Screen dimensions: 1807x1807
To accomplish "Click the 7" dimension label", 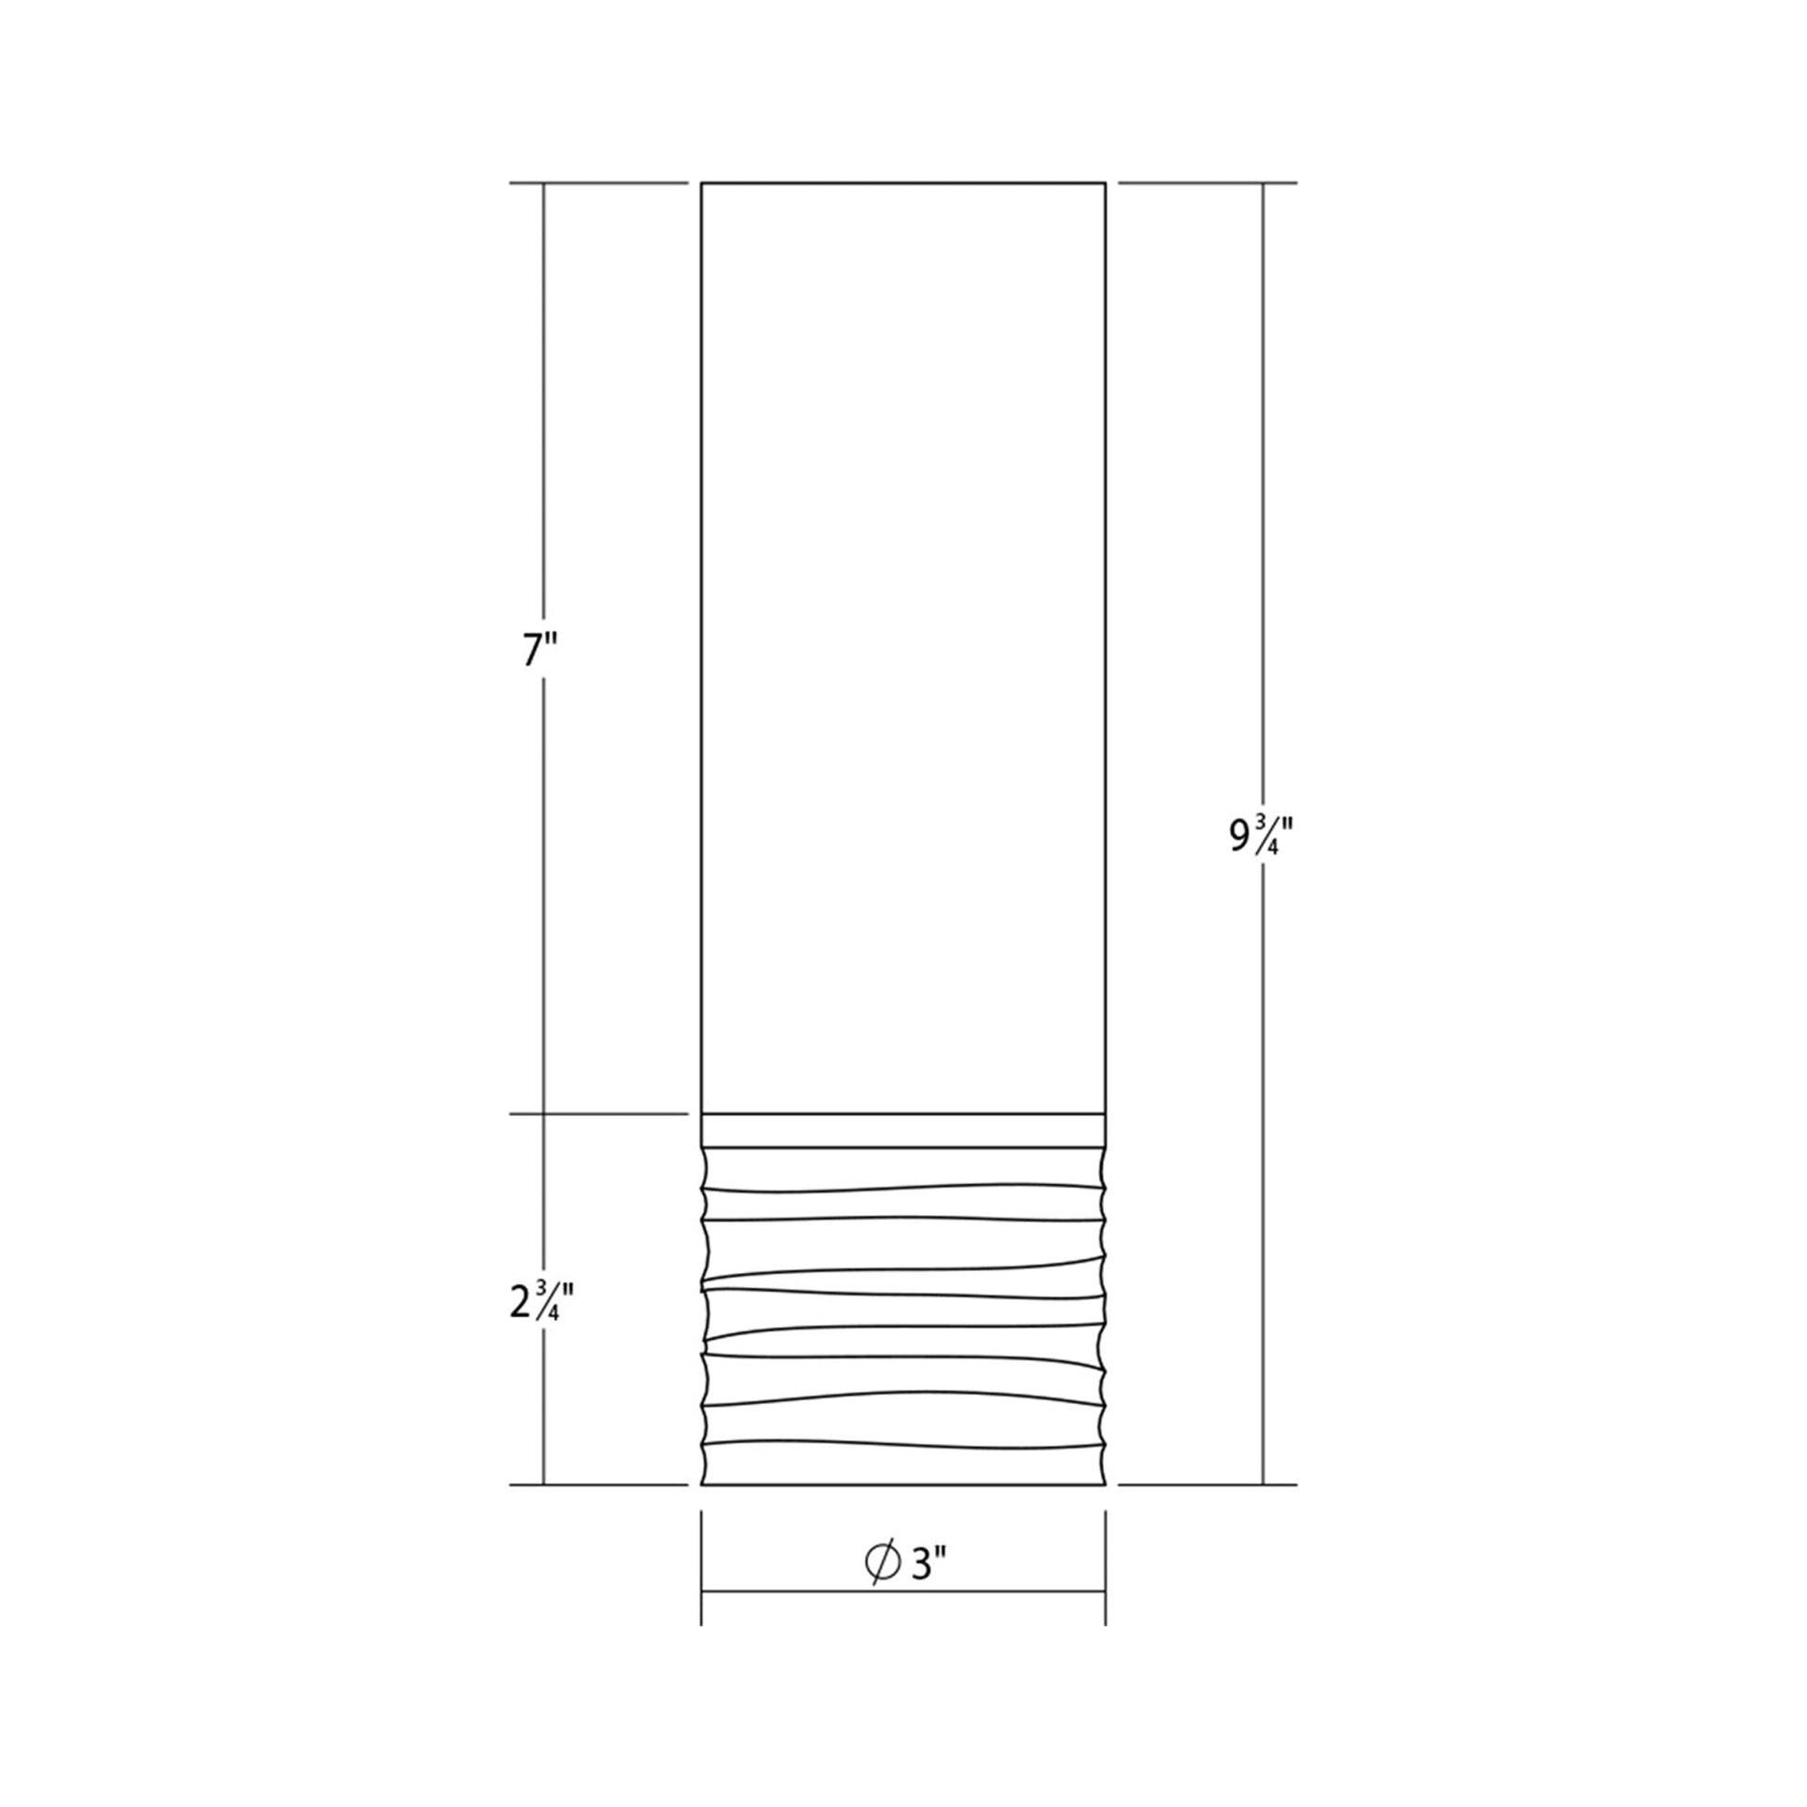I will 541,649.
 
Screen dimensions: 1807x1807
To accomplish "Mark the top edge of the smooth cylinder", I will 903,183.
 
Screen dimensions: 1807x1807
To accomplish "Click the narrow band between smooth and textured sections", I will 903,1130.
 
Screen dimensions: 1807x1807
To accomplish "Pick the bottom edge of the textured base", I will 903,1484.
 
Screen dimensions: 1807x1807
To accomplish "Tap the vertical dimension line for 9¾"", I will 1264,561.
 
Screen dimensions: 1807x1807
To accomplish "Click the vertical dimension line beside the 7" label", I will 543,421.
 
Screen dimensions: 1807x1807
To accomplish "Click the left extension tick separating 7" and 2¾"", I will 599,1114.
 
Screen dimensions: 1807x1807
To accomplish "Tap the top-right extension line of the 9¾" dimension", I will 1206,183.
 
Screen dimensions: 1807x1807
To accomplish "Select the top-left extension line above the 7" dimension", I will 599,183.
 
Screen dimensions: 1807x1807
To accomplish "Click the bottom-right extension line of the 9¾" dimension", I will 1206,1484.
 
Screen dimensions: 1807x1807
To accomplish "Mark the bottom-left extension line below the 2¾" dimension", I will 599,1484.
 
